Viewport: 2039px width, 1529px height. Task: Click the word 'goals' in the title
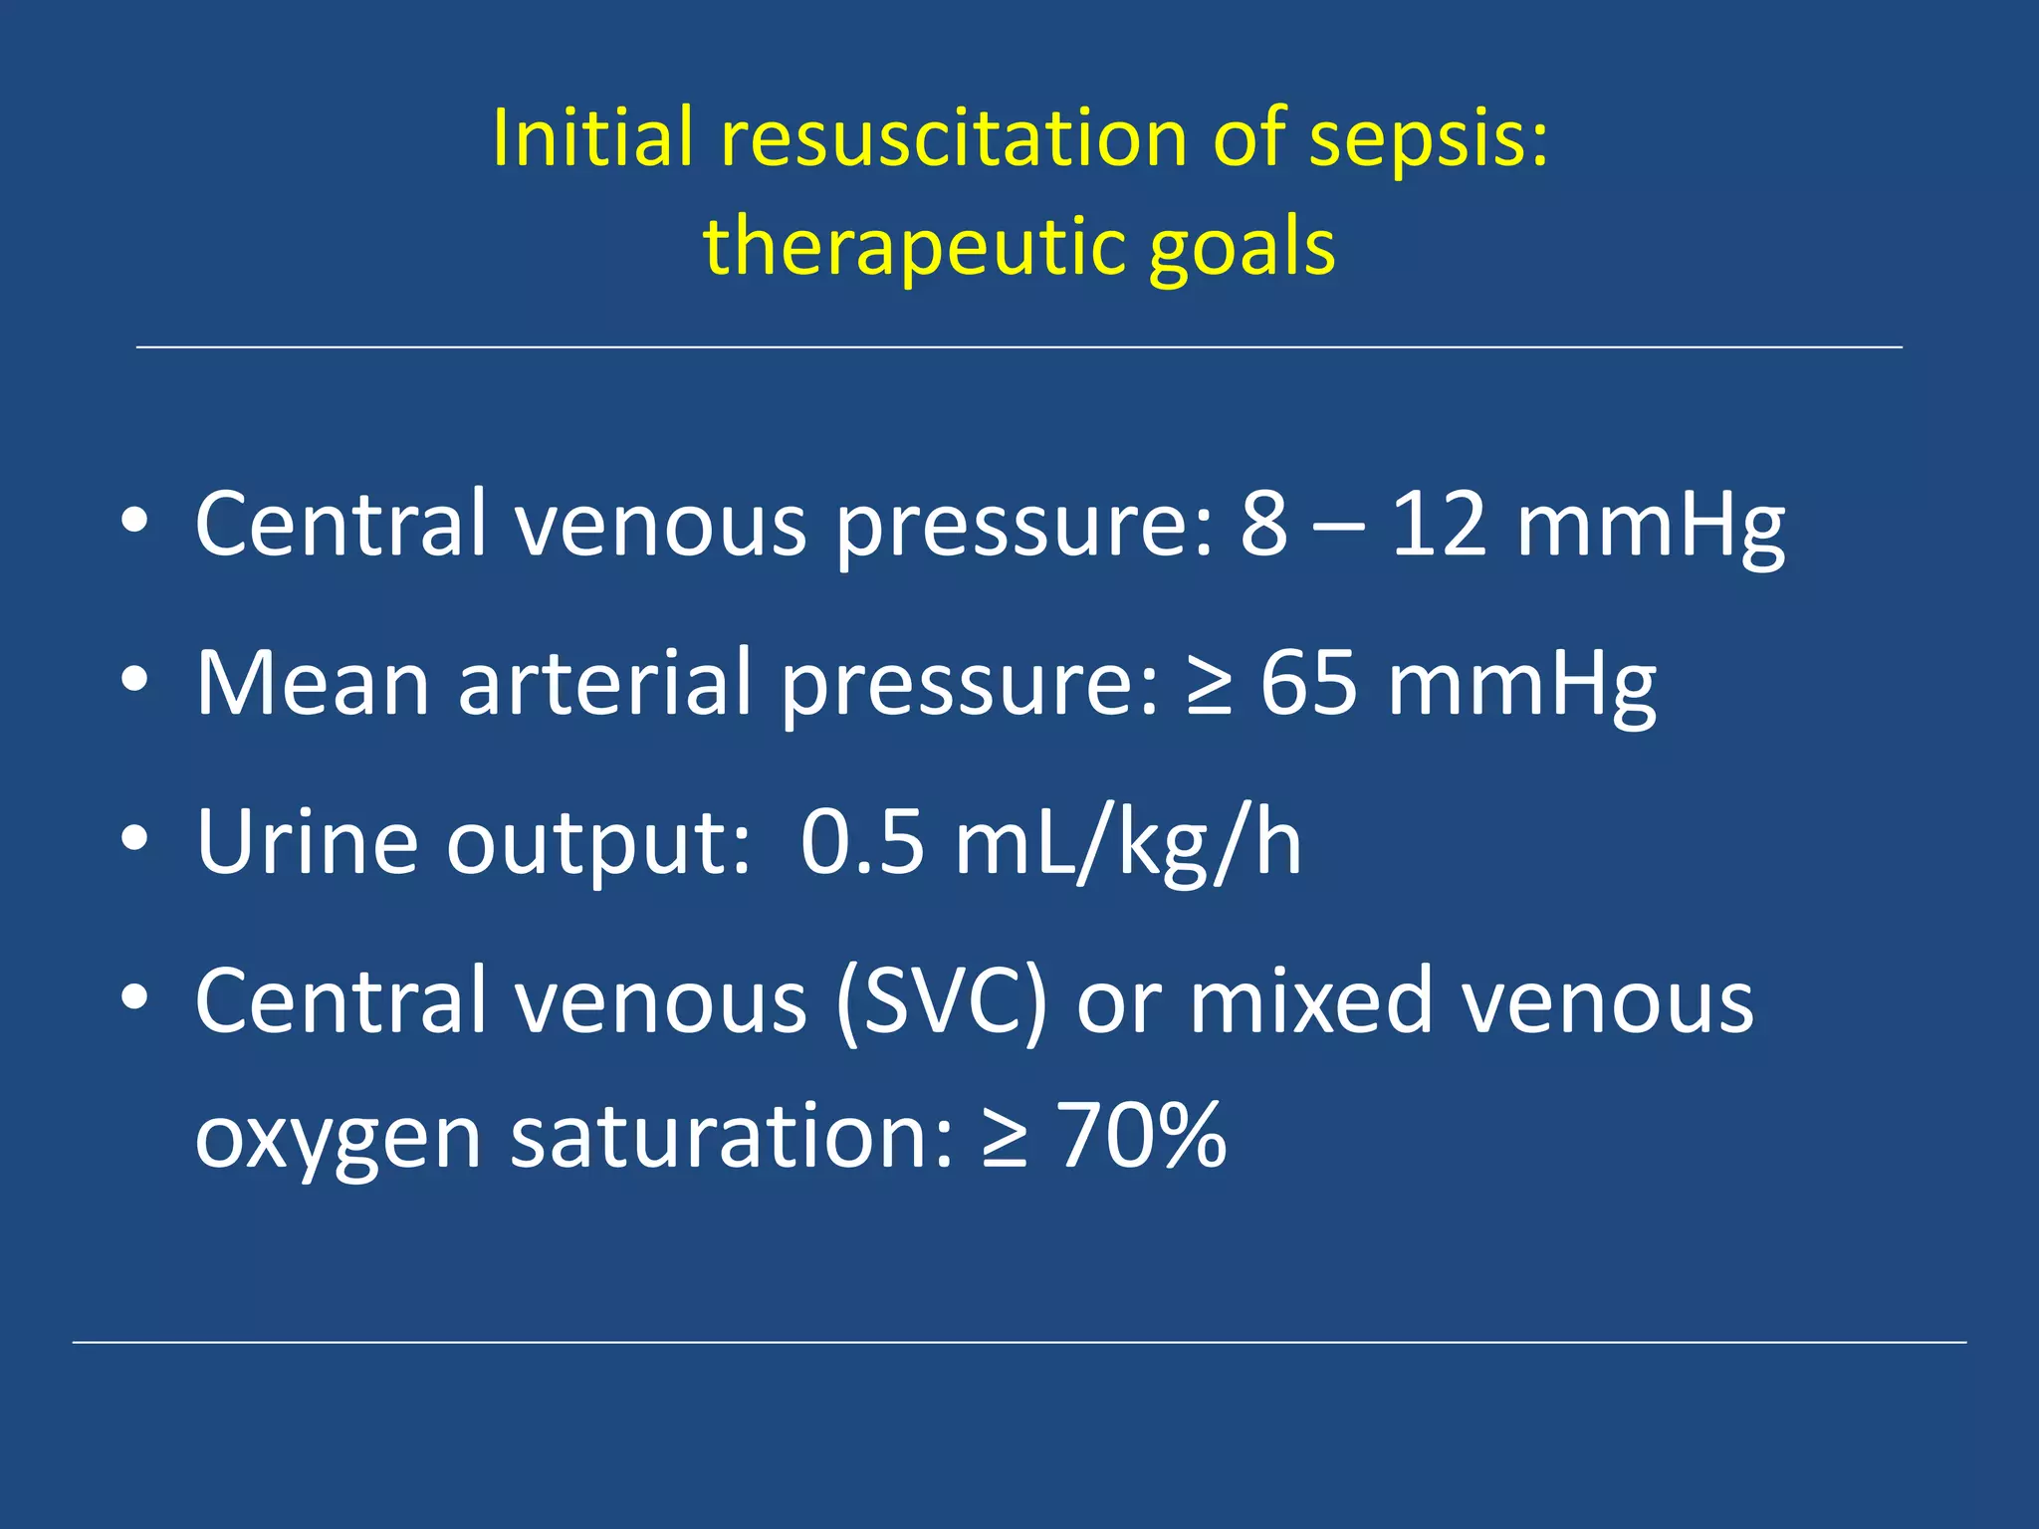pyautogui.click(x=1242, y=249)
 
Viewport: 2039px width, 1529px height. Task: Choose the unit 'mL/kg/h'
pyautogui.click(x=1127, y=844)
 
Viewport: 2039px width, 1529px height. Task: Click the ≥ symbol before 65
pyautogui.click(x=1209, y=685)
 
